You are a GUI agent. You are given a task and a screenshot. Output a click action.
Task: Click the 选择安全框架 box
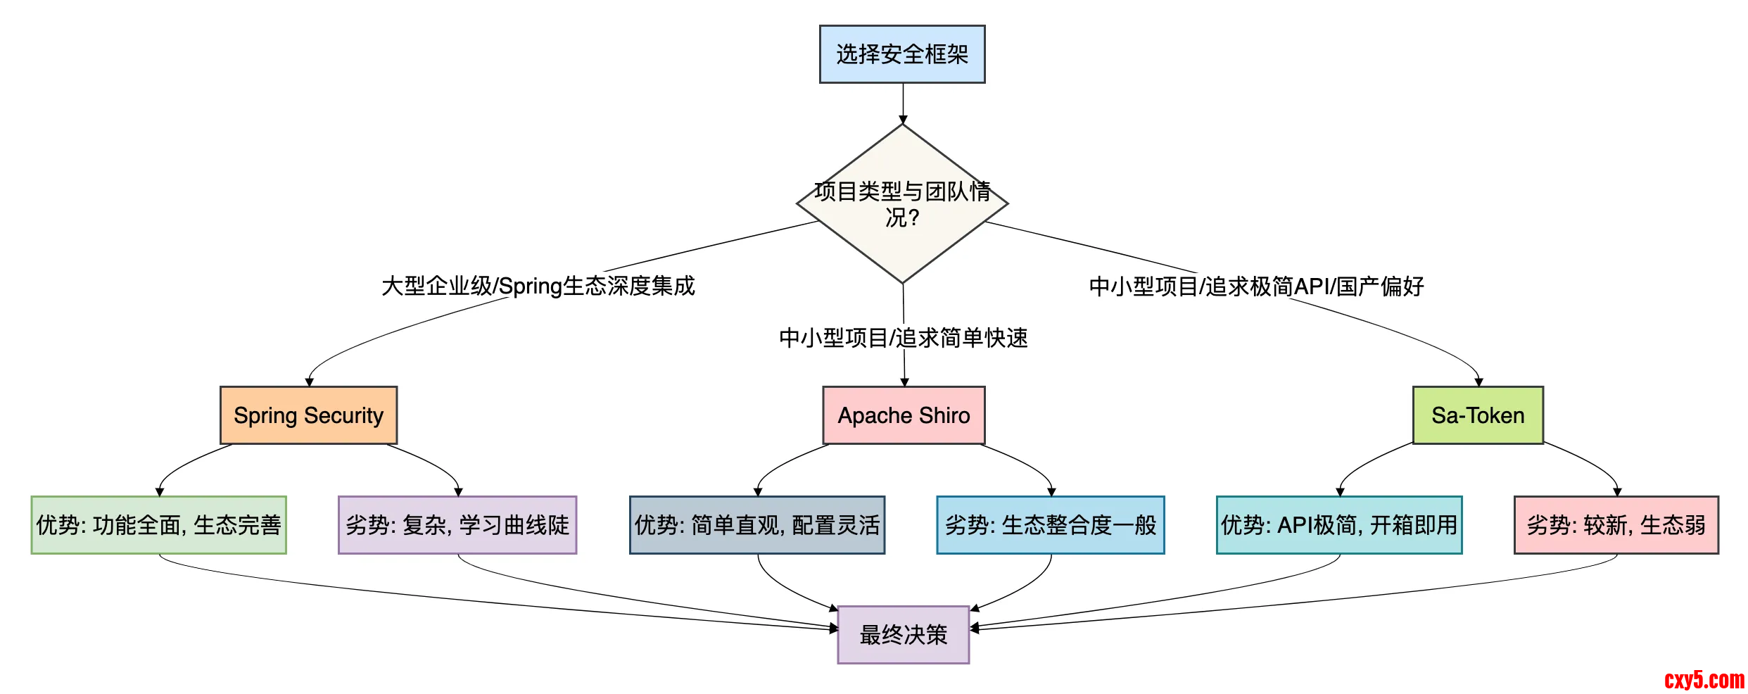902,54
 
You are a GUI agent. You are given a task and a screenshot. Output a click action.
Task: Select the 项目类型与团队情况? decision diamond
902,204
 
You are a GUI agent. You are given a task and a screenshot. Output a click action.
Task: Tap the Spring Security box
308,415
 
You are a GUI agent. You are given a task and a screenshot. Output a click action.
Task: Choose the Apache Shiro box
904,415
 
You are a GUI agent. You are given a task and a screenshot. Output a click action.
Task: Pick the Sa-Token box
1478,415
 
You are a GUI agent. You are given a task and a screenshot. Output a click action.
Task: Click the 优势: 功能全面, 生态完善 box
159,525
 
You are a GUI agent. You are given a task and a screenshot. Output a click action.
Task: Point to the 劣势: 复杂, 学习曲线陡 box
457,525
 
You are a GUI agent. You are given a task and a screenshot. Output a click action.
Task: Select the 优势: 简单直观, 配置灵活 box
757,525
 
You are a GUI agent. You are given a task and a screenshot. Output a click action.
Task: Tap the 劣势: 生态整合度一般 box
1051,525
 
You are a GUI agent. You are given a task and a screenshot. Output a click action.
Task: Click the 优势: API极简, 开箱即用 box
1339,525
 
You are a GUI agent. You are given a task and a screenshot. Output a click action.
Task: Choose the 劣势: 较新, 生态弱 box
1616,525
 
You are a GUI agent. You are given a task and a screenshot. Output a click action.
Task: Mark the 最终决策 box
904,635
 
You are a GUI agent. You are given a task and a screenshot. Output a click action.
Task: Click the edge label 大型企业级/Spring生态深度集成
538,286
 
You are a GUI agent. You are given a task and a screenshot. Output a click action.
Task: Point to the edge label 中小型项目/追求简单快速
904,338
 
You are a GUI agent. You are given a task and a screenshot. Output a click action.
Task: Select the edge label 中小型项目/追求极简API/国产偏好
1257,286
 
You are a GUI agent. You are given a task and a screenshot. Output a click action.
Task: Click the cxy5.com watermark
1704,680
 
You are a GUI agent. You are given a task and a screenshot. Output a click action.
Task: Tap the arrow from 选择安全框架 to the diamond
903,103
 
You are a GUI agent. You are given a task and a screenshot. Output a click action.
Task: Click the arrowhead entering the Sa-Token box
1478,382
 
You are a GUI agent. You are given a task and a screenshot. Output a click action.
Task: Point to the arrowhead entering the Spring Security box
309,382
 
